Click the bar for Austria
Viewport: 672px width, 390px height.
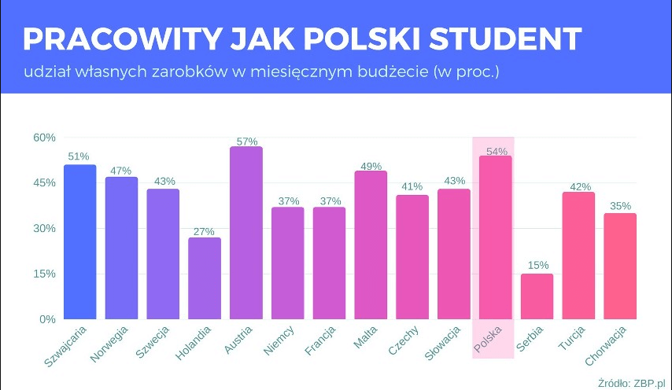[246, 233]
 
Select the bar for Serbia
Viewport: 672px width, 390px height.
[537, 296]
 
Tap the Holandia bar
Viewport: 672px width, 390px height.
[205, 278]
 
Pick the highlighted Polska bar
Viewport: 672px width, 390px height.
[496, 237]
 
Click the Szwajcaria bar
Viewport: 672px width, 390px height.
[79, 242]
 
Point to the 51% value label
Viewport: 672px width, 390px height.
[79, 156]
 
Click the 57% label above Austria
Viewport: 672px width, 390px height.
[247, 142]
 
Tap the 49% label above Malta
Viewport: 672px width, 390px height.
[371, 166]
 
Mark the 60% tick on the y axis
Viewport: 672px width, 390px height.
[44, 138]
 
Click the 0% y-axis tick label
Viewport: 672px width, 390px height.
[47, 319]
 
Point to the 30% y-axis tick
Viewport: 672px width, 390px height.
[44, 229]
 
